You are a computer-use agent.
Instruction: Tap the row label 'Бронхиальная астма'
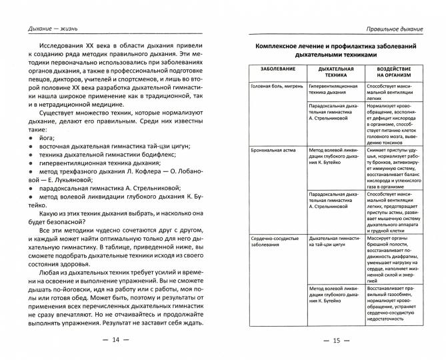click(273, 152)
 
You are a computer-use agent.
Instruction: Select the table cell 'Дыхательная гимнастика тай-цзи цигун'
click(335, 240)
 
